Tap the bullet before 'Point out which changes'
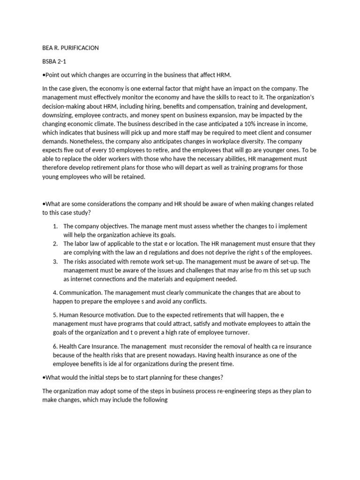[44, 75]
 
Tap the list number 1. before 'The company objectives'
[55, 226]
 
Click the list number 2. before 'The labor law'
[55, 244]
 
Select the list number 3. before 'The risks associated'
[55, 262]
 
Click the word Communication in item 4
[80, 292]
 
